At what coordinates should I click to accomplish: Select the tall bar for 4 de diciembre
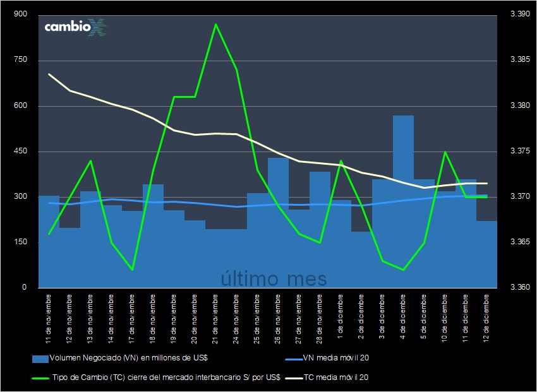coord(403,202)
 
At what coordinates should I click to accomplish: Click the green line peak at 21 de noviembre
coord(215,25)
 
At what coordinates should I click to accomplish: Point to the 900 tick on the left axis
coord(21,15)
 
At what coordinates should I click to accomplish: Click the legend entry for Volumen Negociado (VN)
coord(120,358)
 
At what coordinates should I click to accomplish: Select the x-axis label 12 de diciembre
coord(486,316)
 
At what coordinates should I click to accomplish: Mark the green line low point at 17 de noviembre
coord(132,270)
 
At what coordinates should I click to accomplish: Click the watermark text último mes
coord(274,278)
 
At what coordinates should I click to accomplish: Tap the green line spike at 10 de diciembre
coord(445,151)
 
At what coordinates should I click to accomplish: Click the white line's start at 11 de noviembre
coord(49,74)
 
